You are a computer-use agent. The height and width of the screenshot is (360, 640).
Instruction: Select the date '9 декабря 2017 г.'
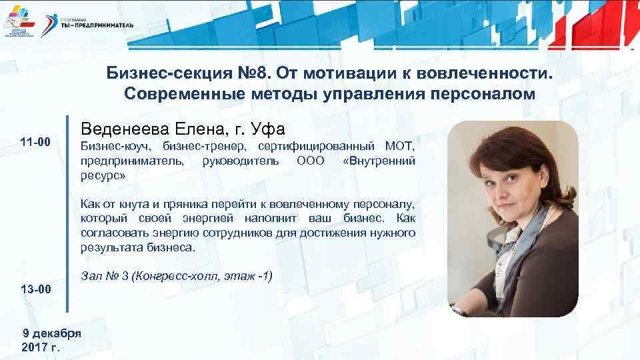[x=51, y=340]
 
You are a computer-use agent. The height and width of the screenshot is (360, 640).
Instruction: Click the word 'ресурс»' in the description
[x=103, y=175]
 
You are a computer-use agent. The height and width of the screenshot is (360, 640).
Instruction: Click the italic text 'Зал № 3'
[x=103, y=275]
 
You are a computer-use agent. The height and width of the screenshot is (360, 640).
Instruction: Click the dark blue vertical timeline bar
[x=67, y=213]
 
